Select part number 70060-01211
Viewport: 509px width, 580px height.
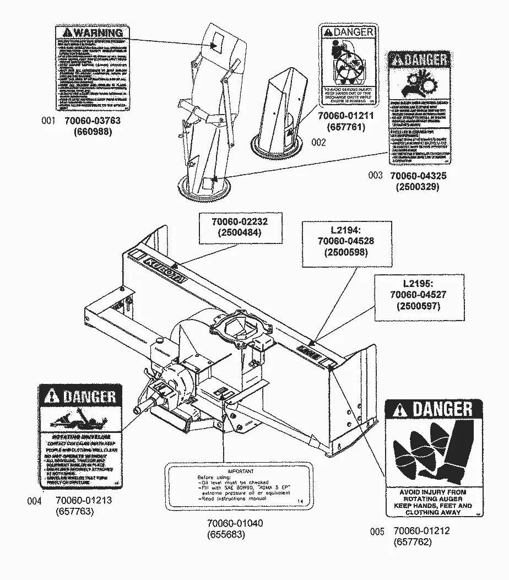tap(346, 116)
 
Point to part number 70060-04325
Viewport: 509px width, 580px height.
tap(418, 176)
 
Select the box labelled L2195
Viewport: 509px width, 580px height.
tap(417, 295)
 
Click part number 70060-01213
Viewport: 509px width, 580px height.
tap(84, 501)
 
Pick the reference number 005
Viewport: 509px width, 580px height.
tap(377, 532)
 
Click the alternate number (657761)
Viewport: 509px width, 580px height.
tap(346, 127)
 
